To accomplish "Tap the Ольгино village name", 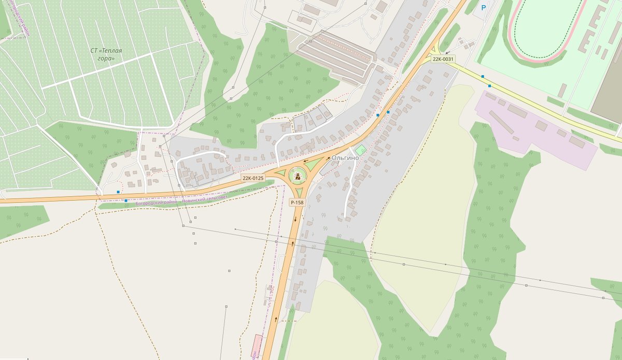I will point(345,157).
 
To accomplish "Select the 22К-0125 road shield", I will point(253,178).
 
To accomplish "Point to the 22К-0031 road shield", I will point(443,59).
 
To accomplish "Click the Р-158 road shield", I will point(297,203).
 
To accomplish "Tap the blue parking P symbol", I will point(484,8).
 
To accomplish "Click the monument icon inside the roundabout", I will point(297,178).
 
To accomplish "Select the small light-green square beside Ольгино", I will point(361,150).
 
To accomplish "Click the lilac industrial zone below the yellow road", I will point(539,129).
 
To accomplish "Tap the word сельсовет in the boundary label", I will point(217,198).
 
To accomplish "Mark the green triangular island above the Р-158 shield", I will point(299,193).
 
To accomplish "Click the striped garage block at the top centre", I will point(337,54).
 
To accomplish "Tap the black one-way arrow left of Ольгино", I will point(328,159).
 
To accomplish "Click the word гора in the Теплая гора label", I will point(106,59).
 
